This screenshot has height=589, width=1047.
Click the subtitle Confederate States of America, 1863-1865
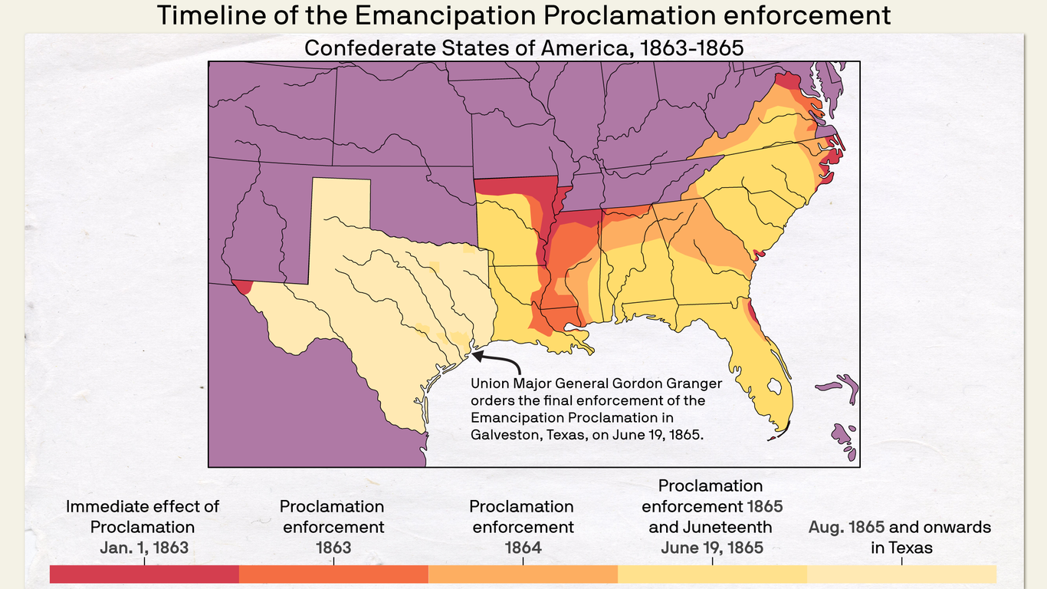pyautogui.click(x=523, y=48)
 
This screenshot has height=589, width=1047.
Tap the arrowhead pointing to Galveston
pyautogui.click(x=476, y=355)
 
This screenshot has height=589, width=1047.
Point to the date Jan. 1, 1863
pyautogui.click(x=143, y=548)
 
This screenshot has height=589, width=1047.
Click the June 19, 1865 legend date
pyautogui.click(x=712, y=548)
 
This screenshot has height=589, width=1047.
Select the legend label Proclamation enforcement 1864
pyautogui.click(x=522, y=527)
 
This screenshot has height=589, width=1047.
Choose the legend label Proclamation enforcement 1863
pyautogui.click(x=332, y=527)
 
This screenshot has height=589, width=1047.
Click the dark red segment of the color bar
pyautogui.click(x=144, y=574)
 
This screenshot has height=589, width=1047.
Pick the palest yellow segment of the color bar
pyautogui.click(x=901, y=574)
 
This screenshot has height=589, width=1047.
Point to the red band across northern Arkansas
pyautogui.click(x=514, y=186)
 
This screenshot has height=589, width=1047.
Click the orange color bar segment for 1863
pyautogui.click(x=333, y=574)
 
